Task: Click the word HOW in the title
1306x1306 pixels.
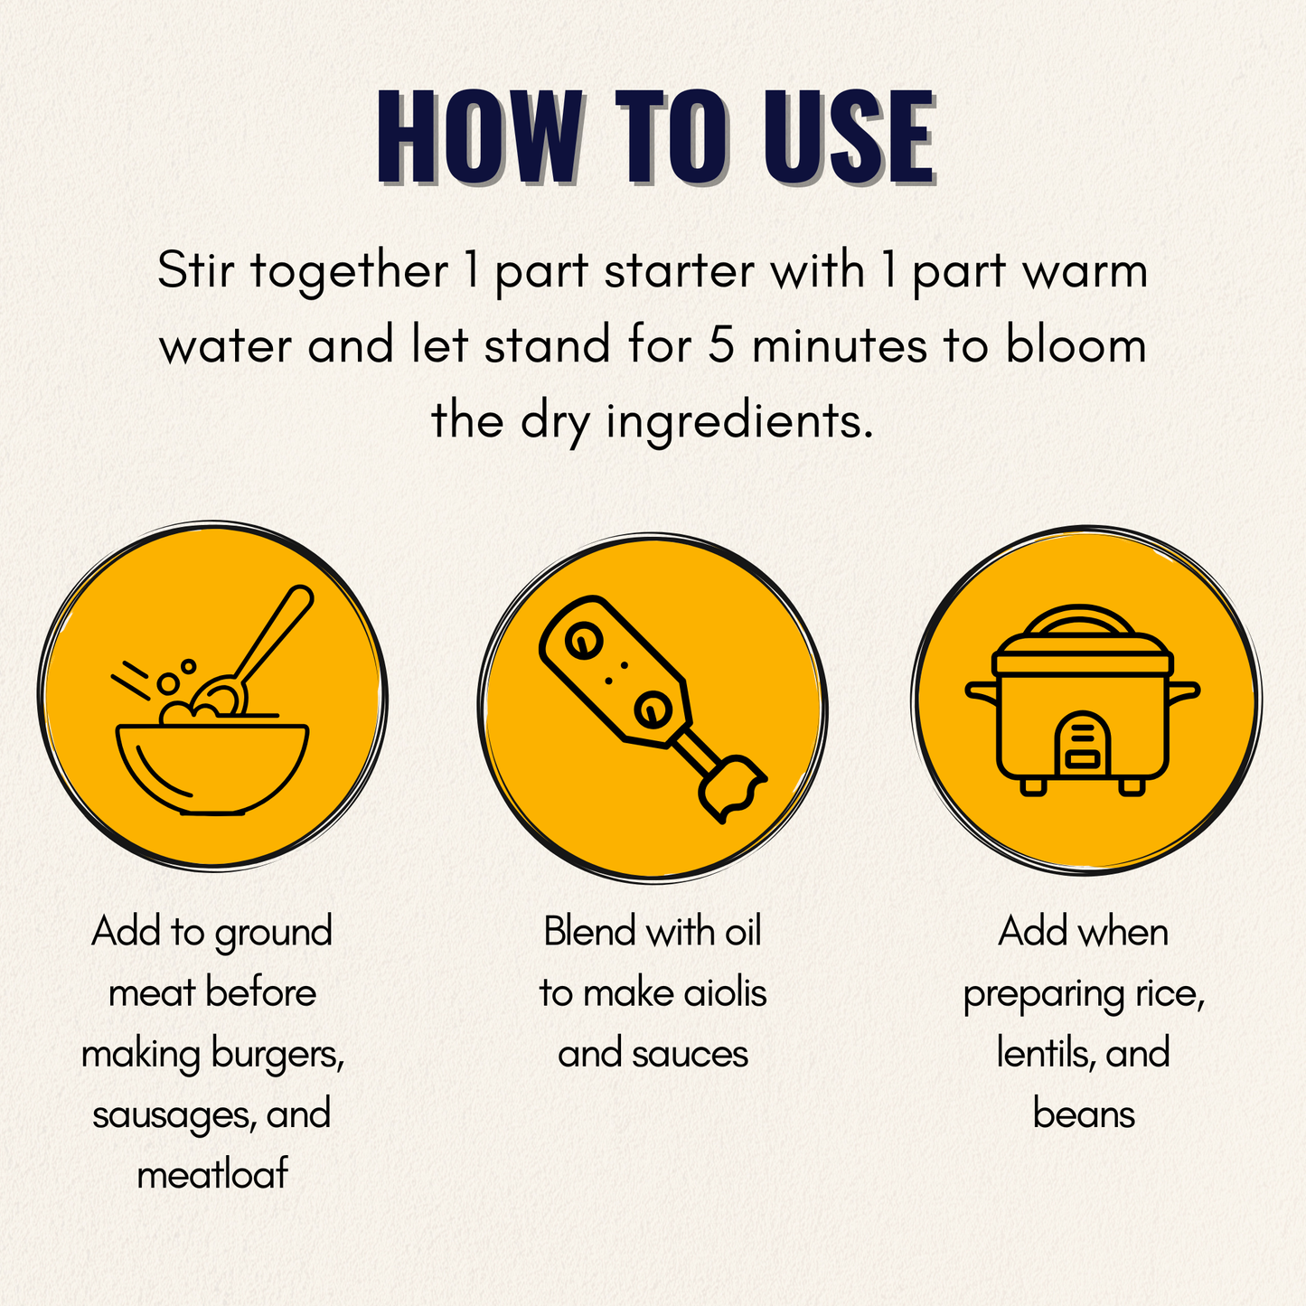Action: [480, 138]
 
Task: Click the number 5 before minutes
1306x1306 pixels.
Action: [720, 346]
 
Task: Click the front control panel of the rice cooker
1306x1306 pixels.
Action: [1083, 746]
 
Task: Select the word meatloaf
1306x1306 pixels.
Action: [212, 1175]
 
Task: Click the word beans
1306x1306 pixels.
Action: [1083, 1114]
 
